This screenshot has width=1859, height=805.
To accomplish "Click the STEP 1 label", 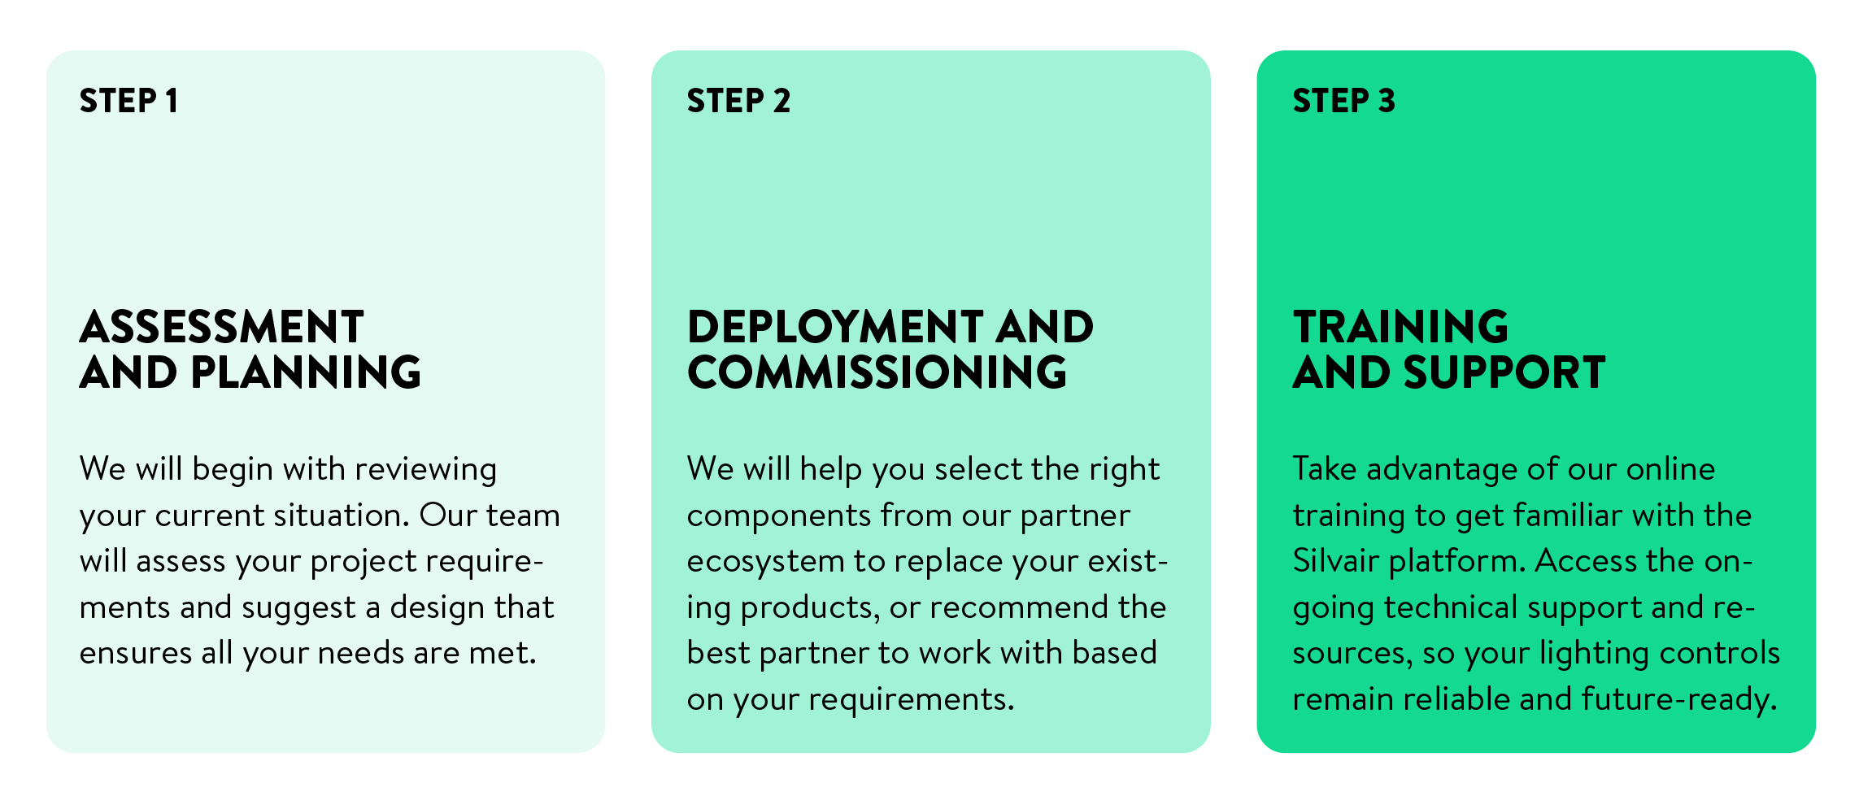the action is (x=128, y=101).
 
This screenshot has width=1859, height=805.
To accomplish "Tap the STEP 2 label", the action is (x=738, y=101).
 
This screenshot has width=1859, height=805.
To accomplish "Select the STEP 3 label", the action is (x=1344, y=101).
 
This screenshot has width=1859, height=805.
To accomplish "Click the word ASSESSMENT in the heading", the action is (x=221, y=327).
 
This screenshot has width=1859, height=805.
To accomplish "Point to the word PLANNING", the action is (x=306, y=372).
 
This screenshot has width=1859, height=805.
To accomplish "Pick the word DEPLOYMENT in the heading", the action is (x=835, y=327).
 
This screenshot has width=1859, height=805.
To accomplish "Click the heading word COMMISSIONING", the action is (x=877, y=372).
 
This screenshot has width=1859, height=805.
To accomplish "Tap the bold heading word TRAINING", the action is (x=1400, y=327).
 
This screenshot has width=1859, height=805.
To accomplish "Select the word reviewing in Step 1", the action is (x=425, y=470).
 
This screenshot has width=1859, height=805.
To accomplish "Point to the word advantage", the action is (x=1442, y=470).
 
